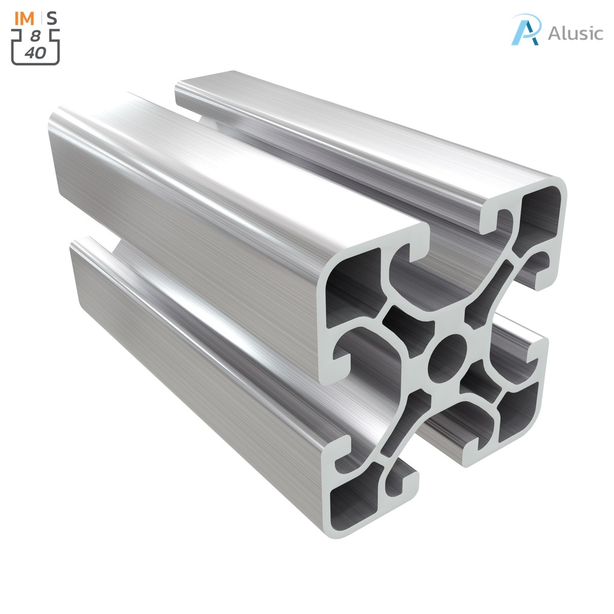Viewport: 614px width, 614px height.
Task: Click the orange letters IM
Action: point(25,18)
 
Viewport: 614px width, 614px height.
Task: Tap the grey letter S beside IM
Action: point(52,18)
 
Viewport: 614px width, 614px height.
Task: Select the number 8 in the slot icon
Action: point(35,36)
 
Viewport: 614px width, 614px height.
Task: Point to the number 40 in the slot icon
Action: point(35,52)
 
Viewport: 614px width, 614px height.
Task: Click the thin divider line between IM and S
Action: point(41,18)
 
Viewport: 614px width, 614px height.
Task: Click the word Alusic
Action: point(575,33)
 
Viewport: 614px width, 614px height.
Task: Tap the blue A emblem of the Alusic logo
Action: point(525,30)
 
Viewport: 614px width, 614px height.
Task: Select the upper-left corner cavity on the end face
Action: point(354,282)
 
